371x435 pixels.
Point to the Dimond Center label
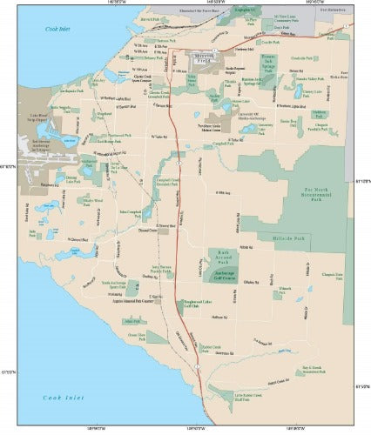pyautogui.click(x=146, y=231)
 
